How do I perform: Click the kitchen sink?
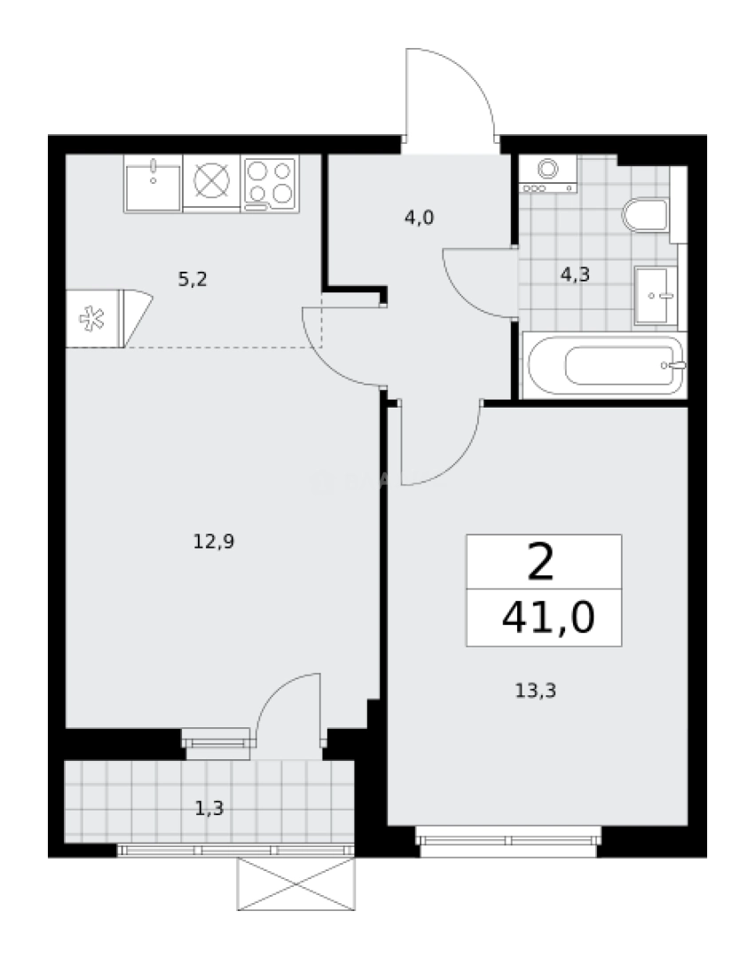click(153, 183)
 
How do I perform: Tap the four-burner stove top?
click(270, 183)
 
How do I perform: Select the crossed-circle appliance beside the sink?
click(211, 182)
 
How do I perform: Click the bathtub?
click(602, 367)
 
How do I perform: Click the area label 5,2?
click(193, 280)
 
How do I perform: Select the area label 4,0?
click(419, 217)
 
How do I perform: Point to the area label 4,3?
click(575, 274)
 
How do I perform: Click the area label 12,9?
click(213, 540)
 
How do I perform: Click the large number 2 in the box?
click(542, 562)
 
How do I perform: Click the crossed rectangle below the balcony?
click(296, 885)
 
